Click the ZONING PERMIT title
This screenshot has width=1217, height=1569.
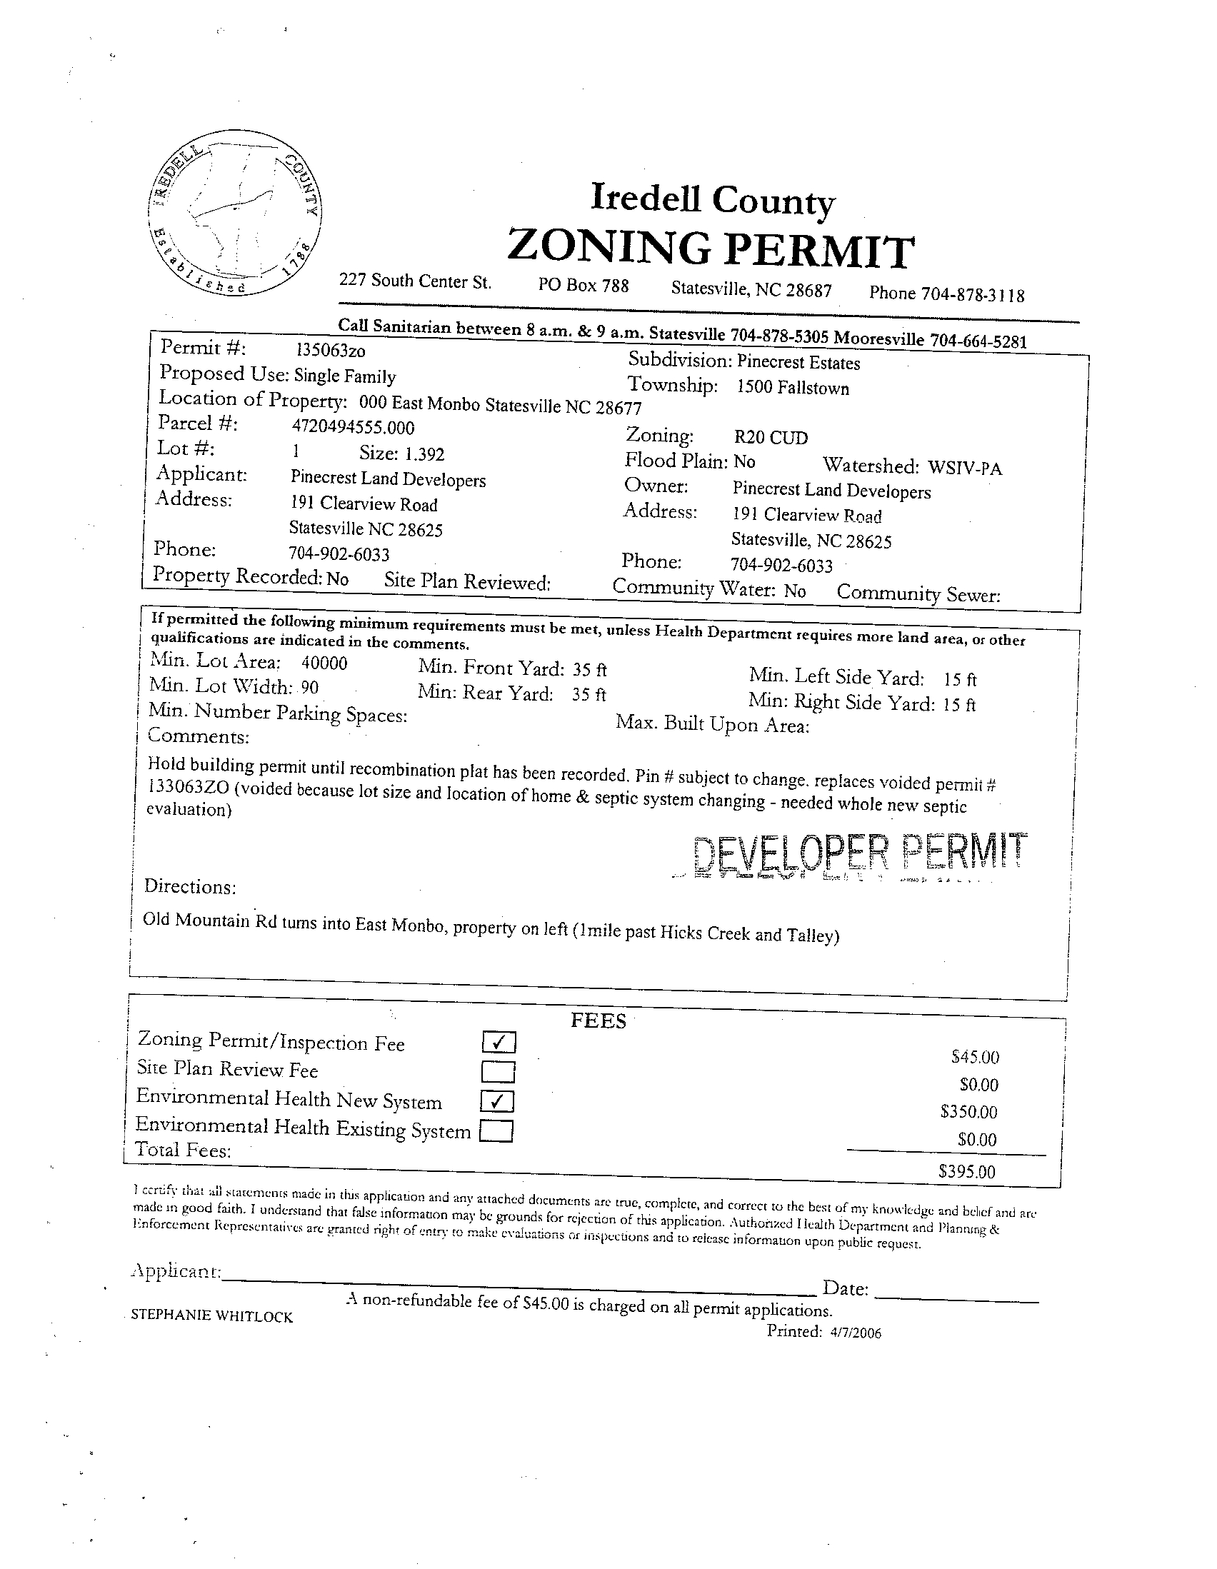click(711, 249)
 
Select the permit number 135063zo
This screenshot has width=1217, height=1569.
click(331, 350)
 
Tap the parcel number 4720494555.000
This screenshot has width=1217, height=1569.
click(353, 428)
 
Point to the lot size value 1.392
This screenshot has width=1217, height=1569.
click(424, 454)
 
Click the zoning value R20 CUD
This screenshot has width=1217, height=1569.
click(771, 438)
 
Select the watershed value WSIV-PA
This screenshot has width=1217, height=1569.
click(965, 468)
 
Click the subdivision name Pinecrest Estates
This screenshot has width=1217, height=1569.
click(799, 363)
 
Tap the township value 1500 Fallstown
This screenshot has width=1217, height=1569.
click(793, 388)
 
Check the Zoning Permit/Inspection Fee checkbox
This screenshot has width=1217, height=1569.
click(499, 1042)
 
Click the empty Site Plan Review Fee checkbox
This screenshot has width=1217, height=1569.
click(498, 1072)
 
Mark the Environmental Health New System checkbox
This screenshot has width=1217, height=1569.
click(498, 1101)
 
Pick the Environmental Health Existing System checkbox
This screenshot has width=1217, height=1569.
click(496, 1131)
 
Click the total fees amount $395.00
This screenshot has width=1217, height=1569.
click(967, 1172)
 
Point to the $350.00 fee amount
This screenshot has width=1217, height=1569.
click(968, 1112)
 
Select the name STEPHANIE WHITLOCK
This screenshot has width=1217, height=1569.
click(212, 1316)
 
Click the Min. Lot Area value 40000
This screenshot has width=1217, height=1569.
click(324, 663)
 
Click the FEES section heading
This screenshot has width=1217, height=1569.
click(598, 1021)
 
